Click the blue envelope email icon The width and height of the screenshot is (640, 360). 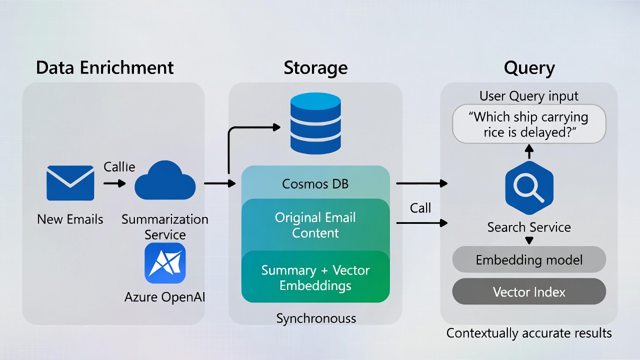click(70, 183)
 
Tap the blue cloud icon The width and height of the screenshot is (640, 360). click(165, 181)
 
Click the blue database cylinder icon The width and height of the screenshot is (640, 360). click(315, 123)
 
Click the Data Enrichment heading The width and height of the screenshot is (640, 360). click(105, 67)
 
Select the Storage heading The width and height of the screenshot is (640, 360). click(315, 67)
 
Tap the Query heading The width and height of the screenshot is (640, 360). click(529, 67)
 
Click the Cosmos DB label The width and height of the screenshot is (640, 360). click(315, 184)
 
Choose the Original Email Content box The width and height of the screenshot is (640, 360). click(315, 225)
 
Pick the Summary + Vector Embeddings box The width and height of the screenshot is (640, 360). click(315, 277)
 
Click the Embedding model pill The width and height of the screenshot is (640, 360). click(529, 260)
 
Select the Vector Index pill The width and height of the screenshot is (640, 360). click(529, 292)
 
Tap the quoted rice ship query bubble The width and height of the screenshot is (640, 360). click(529, 124)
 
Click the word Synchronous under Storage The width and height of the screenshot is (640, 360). click(316, 318)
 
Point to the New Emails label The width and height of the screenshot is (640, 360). click(70, 219)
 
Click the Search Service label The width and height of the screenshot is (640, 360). click(529, 227)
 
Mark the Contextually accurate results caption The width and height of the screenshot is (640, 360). click(529, 333)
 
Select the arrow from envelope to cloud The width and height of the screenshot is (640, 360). click(114, 183)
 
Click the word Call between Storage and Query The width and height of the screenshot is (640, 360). click(420, 208)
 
